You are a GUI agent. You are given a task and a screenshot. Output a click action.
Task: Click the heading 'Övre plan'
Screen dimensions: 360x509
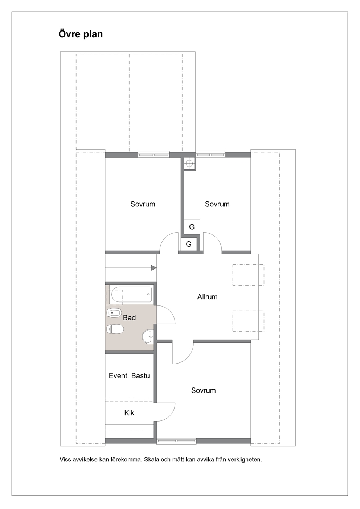tap(81, 34)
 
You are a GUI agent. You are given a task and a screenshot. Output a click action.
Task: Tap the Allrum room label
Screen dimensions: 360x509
tap(207, 297)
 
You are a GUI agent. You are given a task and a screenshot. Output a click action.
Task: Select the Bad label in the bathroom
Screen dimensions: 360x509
tap(129, 318)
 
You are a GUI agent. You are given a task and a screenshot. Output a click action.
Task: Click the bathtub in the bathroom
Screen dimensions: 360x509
tap(130, 295)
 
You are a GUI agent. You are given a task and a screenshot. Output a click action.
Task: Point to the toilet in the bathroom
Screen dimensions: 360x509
tap(115, 329)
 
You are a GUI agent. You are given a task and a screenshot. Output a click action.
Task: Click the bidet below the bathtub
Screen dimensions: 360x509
tap(114, 313)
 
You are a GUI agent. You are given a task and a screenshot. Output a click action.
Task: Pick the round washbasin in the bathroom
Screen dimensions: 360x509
tap(148, 337)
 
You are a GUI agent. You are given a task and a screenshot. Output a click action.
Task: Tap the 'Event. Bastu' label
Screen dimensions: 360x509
tap(129, 376)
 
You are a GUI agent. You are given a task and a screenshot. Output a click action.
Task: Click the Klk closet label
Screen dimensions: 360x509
tap(129, 412)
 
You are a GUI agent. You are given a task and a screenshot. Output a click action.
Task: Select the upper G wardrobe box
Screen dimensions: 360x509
tap(192, 227)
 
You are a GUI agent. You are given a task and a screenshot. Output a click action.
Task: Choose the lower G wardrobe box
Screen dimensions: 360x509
tap(189, 244)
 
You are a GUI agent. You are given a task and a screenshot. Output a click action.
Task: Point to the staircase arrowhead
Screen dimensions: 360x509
tap(154, 268)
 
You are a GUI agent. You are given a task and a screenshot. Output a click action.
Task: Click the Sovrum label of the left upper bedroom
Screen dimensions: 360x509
tap(143, 204)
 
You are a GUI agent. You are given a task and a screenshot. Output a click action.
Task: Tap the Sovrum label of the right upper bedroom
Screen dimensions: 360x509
tap(217, 204)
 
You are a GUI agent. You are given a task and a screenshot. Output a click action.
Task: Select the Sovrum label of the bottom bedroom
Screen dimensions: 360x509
tap(204, 390)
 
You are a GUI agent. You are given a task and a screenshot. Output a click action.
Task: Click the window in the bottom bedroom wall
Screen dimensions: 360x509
tap(176, 441)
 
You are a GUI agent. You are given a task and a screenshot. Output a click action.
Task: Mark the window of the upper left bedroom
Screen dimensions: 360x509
tap(154, 155)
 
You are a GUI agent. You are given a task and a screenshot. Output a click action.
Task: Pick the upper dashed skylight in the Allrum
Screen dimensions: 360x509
tap(248, 275)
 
